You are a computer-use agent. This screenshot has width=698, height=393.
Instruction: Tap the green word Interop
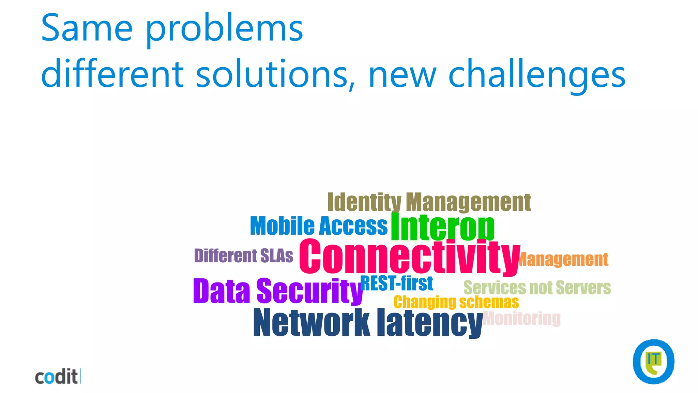[x=442, y=227]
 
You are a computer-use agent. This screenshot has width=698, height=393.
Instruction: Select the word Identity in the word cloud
[x=364, y=203]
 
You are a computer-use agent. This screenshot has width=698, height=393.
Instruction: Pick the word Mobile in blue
[x=283, y=226]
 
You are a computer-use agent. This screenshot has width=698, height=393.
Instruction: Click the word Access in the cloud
[x=353, y=226]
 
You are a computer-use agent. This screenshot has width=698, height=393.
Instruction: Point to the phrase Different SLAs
[x=243, y=256]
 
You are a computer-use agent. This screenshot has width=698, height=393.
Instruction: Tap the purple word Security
[x=309, y=291]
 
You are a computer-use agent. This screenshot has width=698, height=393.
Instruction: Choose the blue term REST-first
[x=397, y=283]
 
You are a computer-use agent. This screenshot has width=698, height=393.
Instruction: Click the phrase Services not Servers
[x=537, y=288]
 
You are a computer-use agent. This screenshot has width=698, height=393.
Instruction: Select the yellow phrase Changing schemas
[x=456, y=302]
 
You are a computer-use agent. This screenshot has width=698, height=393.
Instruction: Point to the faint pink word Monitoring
[x=522, y=318]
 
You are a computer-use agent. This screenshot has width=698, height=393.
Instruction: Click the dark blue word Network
[x=312, y=322]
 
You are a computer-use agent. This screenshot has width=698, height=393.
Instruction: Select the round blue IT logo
[x=653, y=362]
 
